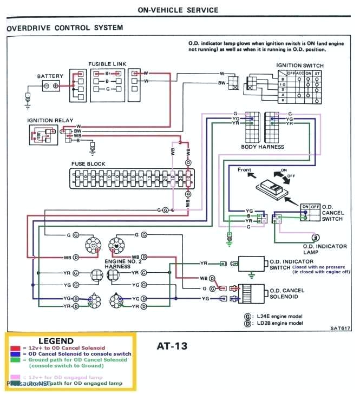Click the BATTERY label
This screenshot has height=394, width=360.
click(x=50, y=76)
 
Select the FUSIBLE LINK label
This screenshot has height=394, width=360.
click(x=107, y=63)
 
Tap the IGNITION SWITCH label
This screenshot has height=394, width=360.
click(x=300, y=65)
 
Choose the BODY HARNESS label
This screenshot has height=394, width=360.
click(x=263, y=147)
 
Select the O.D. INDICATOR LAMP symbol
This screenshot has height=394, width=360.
click(x=314, y=237)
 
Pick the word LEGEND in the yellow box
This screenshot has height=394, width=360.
click(x=56, y=340)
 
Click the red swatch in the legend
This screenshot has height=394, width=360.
click(x=15, y=347)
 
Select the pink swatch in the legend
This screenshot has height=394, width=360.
click(x=15, y=377)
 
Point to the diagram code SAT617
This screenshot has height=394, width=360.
click(x=341, y=327)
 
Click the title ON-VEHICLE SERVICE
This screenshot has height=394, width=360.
click(x=178, y=10)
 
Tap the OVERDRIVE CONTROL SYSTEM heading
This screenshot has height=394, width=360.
click(x=65, y=28)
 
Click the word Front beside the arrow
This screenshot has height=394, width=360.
click(x=245, y=170)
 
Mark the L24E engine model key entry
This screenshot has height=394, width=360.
click(x=277, y=316)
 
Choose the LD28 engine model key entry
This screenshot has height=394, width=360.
click(x=277, y=323)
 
